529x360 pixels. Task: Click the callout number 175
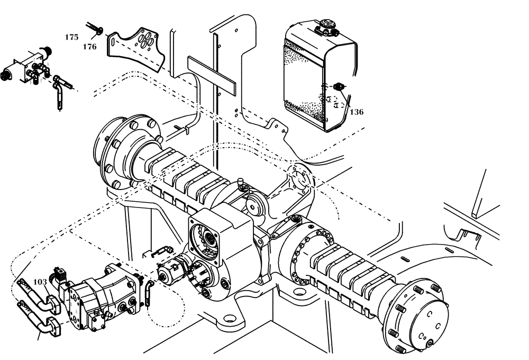72,37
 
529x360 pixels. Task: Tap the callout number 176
89,47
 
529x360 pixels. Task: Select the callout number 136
357,112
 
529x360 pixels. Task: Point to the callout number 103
40,282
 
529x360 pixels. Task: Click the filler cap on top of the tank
324,26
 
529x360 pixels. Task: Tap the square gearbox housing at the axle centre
220,233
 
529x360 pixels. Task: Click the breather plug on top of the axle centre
240,184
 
